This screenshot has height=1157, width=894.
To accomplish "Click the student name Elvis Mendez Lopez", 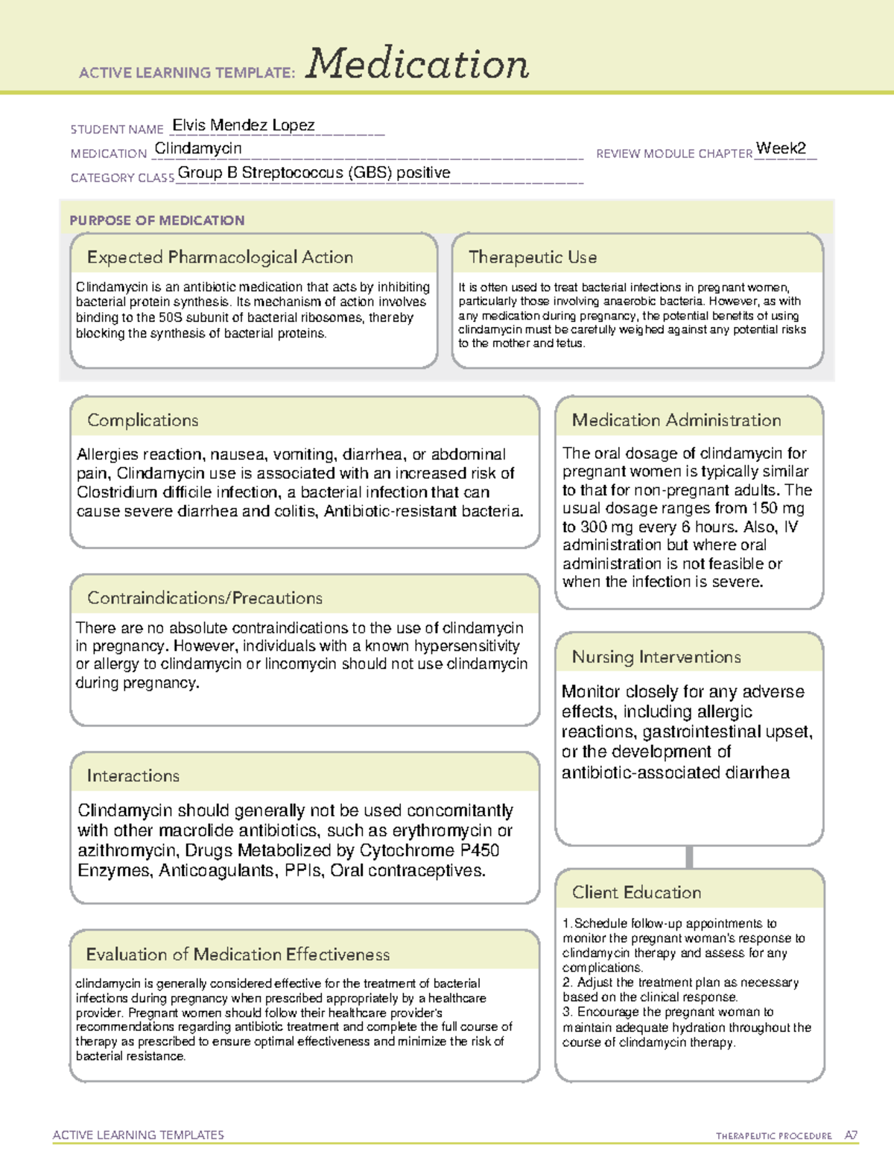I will tap(244, 125).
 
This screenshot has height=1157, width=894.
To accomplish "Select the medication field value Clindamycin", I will tap(198, 148).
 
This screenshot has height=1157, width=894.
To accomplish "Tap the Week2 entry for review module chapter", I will tap(781, 148).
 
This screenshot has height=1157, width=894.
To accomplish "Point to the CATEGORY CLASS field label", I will tap(122, 178).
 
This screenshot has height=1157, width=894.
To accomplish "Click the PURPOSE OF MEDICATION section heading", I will tap(156, 221).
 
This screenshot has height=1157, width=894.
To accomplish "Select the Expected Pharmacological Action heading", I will tap(220, 257).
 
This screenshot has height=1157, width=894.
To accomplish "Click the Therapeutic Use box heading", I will tap(532, 257).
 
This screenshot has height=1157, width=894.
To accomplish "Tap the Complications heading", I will tap(142, 420).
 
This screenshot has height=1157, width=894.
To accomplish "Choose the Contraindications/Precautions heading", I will tap(205, 597).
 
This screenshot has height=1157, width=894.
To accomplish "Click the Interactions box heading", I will tap(133, 776).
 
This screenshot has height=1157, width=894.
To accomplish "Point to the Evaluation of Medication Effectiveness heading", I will tap(238, 954).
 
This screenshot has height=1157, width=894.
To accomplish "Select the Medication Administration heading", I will tap(676, 420).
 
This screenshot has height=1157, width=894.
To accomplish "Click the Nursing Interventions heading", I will tap(656, 656).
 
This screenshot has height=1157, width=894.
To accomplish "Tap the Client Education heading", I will tap(636, 893).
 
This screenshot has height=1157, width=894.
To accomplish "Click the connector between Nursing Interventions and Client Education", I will tap(689, 857).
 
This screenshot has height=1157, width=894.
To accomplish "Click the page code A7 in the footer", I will tap(850, 1135).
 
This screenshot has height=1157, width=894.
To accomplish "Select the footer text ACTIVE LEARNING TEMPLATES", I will tap(139, 1135).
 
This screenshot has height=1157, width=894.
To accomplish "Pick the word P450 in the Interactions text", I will tap(479, 850).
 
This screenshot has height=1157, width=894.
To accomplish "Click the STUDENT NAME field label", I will tap(117, 130).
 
